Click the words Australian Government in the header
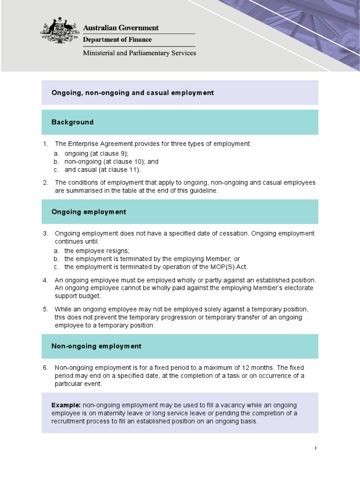coord(121,28)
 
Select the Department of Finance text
coord(117,40)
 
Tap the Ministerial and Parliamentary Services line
coord(139,53)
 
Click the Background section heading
coord(72,122)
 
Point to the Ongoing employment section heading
coord(89,212)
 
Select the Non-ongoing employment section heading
coord(96,346)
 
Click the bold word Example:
coord(66,405)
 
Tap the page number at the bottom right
coord(315,449)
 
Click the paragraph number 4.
coord(45,280)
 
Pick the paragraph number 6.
coord(45,367)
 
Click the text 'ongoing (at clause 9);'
coord(96,153)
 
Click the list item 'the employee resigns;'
coord(97,251)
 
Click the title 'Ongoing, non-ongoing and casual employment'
coord(133,93)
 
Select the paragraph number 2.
coord(45,182)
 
